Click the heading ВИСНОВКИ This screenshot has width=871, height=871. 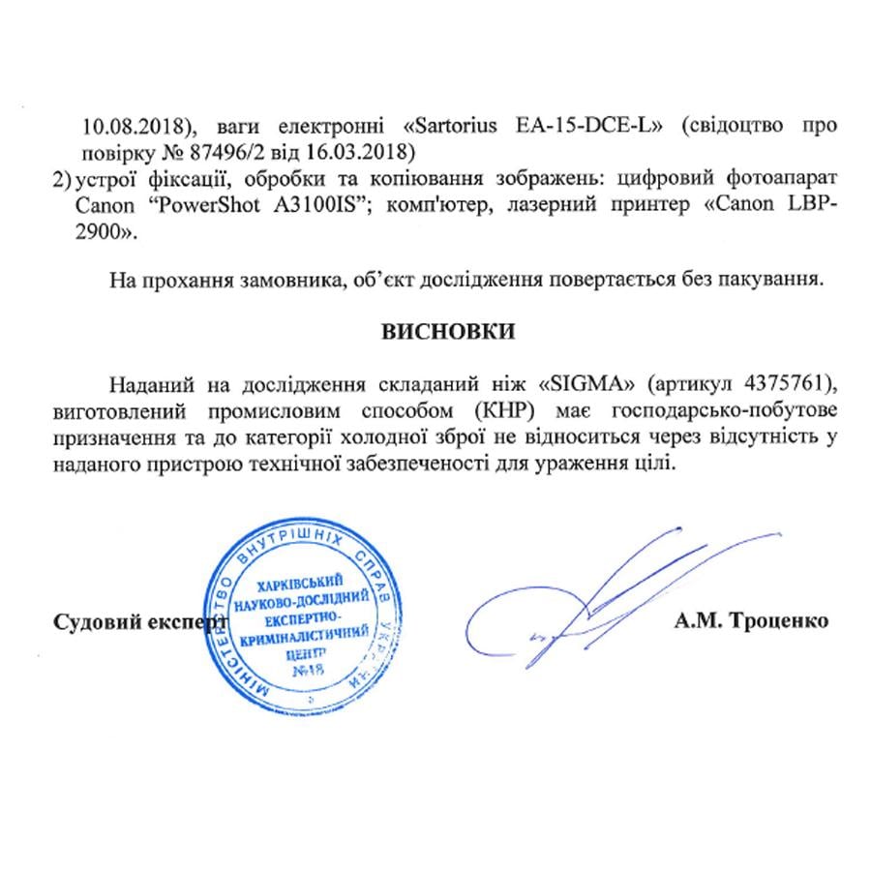coord(448,331)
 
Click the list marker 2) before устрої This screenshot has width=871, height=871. coord(63,178)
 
